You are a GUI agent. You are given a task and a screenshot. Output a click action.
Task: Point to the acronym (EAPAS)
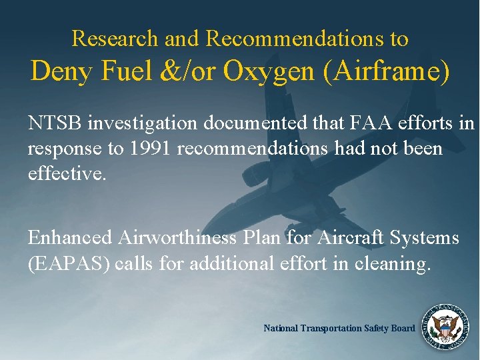69,263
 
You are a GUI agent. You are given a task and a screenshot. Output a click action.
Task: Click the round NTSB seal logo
443,327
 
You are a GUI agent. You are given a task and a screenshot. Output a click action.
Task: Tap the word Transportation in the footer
333,328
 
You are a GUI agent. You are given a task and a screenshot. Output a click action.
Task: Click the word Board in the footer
402,328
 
